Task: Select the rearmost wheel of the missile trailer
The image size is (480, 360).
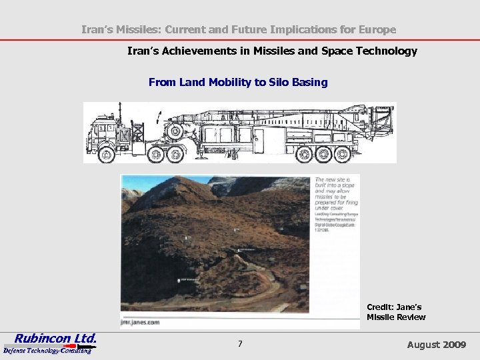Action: (x=341, y=155)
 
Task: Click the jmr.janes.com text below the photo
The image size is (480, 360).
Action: (x=141, y=322)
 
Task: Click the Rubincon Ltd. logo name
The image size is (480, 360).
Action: (x=56, y=338)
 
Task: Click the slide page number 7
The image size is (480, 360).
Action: (x=240, y=344)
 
